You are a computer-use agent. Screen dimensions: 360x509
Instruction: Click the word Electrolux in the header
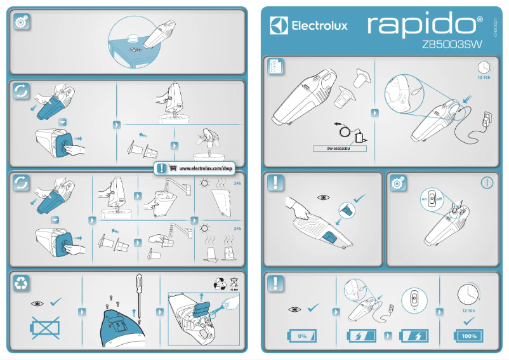point(319,27)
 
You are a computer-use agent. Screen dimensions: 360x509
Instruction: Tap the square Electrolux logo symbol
point(280,26)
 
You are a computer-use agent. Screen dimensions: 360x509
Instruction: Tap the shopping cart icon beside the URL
point(173,169)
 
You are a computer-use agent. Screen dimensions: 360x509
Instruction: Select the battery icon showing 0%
point(302,335)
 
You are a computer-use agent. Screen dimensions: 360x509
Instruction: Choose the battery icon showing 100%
point(469,335)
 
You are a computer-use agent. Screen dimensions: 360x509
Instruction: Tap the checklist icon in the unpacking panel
point(275,67)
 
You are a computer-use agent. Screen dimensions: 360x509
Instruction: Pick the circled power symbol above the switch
point(486,183)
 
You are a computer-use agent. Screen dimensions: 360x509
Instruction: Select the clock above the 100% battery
point(468,295)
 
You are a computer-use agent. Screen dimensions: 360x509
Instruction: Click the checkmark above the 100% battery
point(469,322)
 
